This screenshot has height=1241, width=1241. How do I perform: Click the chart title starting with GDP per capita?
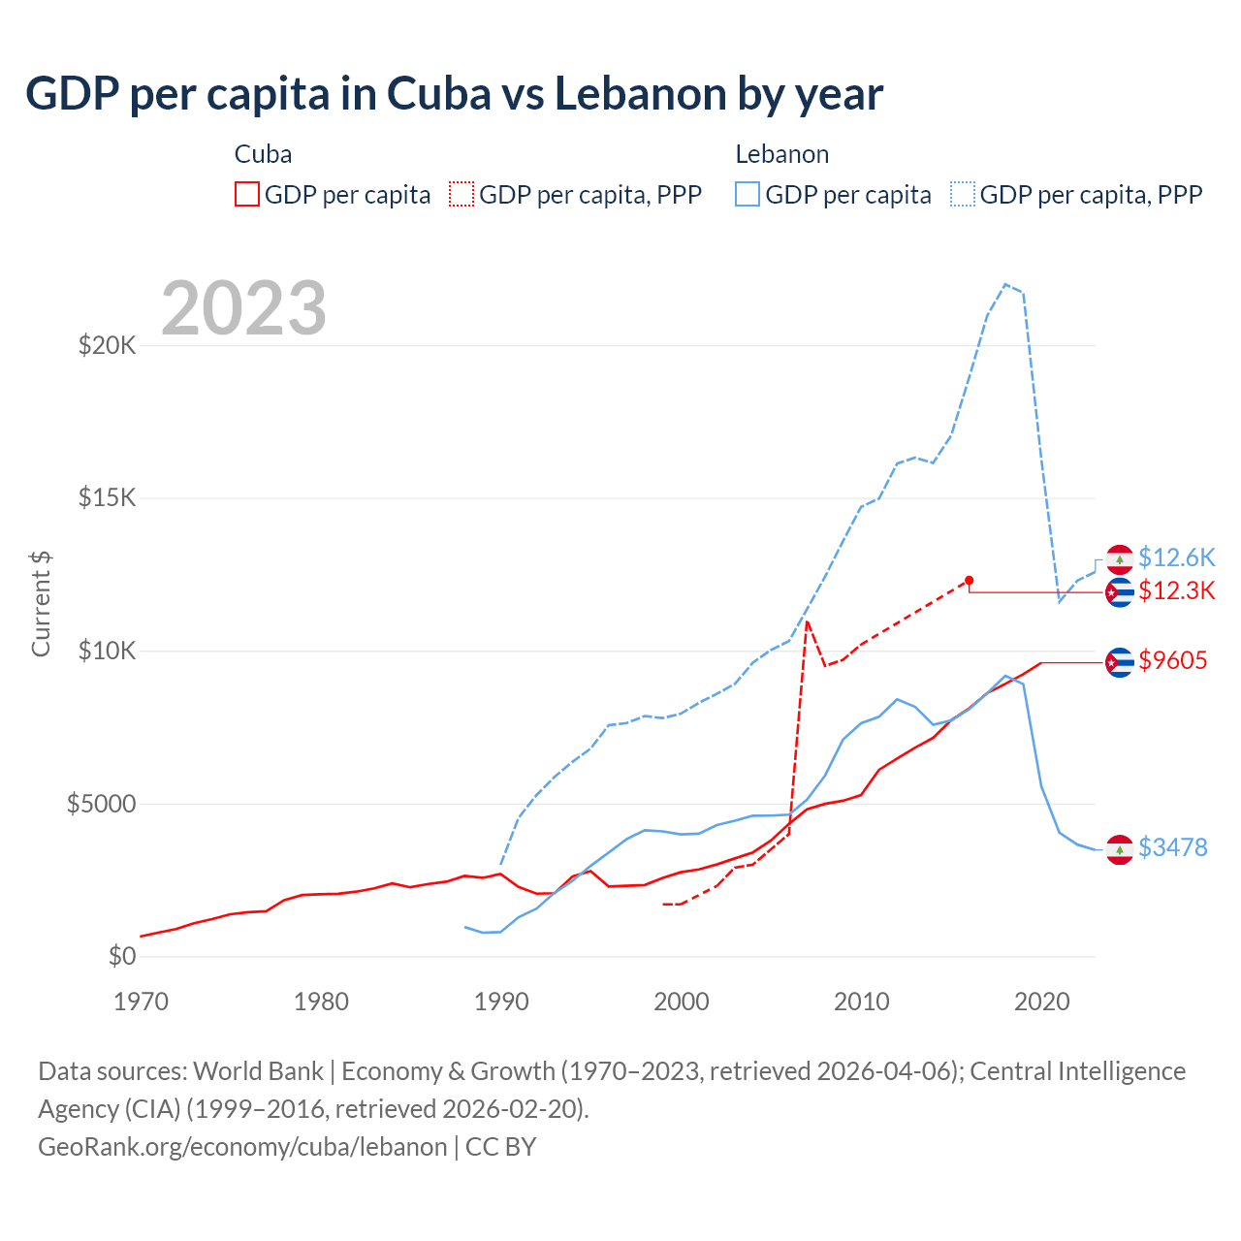coord(454,94)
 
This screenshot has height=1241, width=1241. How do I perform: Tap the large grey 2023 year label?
coord(243,308)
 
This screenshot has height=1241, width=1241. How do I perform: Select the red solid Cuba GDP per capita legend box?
coord(247,194)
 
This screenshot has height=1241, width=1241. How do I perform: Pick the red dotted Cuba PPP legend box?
coord(461,194)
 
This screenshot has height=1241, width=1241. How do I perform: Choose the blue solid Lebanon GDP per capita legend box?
coord(748,194)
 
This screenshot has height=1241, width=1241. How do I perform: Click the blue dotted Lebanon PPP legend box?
coord(963,194)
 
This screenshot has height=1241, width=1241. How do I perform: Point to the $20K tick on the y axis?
coord(108,345)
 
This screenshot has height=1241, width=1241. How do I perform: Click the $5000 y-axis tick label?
coord(102,804)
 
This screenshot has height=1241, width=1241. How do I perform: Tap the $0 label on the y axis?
coord(122,956)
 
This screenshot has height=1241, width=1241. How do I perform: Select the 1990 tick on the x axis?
coord(501,1002)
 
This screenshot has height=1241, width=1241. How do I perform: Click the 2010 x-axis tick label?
coord(861,1002)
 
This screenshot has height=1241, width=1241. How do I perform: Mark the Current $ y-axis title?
coord(41,603)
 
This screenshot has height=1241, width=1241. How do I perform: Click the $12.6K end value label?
coord(1176,557)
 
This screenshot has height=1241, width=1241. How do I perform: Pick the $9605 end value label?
coord(1173,661)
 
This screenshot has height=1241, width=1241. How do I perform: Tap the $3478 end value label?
coord(1173,847)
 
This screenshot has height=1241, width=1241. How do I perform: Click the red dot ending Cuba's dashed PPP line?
coord(969,580)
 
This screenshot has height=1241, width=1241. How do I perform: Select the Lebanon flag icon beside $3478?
coord(1120,848)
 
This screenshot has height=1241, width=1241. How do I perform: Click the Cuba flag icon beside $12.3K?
coord(1120,591)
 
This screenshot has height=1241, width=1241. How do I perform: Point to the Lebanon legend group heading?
coord(781,154)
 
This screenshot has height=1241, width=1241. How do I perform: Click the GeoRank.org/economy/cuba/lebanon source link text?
coord(242,1147)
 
